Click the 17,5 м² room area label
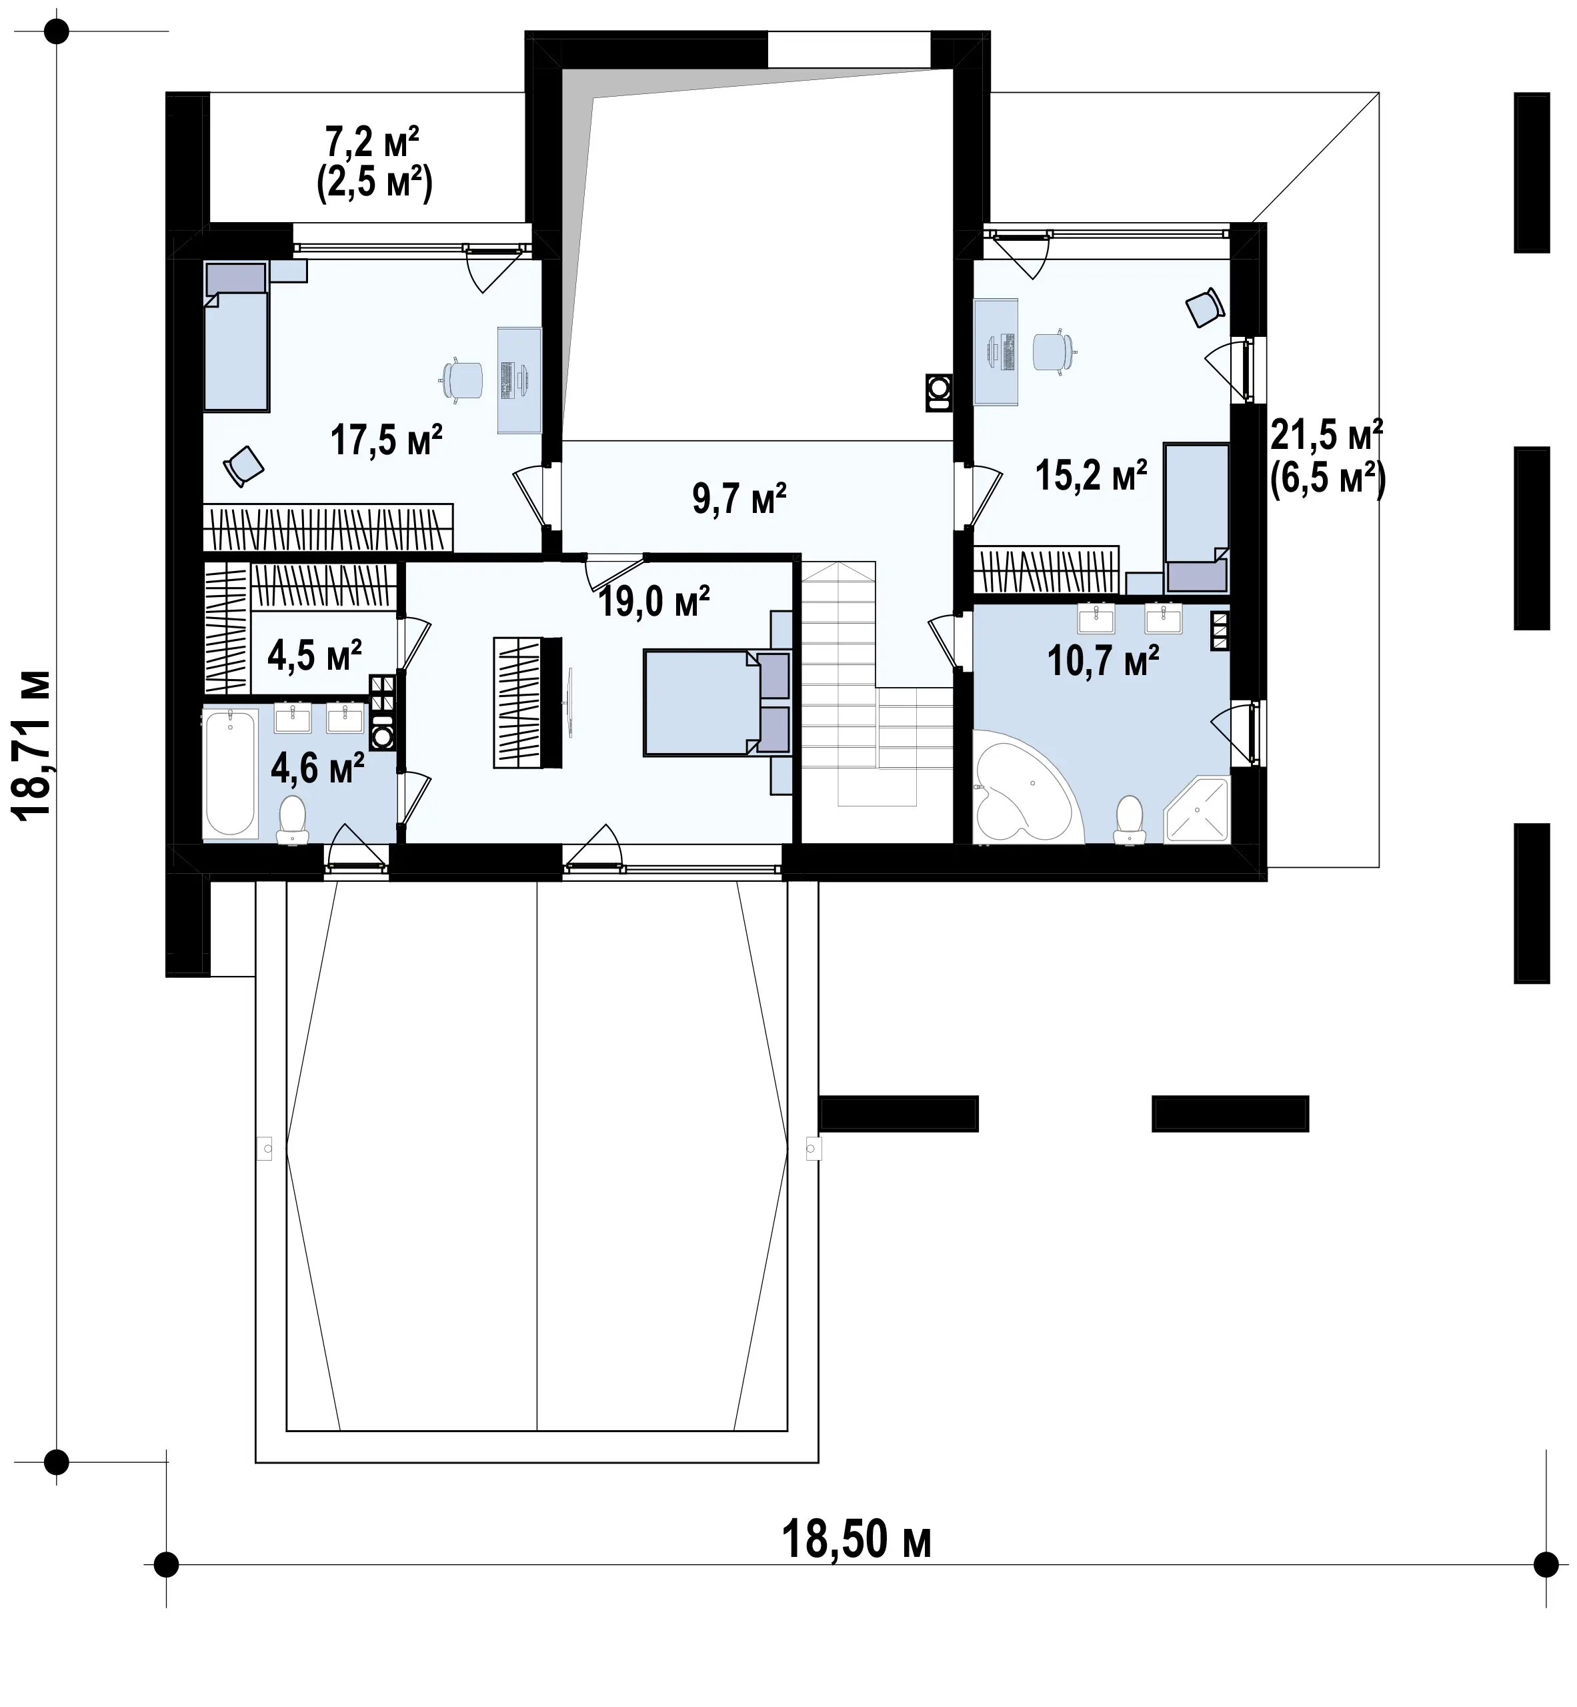(x=387, y=440)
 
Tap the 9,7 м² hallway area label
(x=739, y=498)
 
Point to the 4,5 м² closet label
(x=315, y=656)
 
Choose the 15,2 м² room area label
(x=1092, y=476)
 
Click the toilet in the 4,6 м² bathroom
(x=293, y=818)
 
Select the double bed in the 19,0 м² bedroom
(x=717, y=702)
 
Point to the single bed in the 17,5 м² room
(x=236, y=336)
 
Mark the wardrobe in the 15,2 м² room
(x=1046, y=569)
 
